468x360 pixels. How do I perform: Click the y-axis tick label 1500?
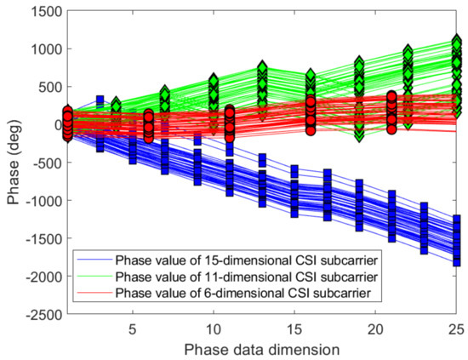pyautogui.click(x=39, y=11)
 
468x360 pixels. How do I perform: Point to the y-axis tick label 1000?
pyautogui.click(x=39, y=49)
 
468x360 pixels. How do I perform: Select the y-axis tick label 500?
pyautogui.click(x=43, y=87)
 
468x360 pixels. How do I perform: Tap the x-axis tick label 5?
pyautogui.click(x=132, y=328)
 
